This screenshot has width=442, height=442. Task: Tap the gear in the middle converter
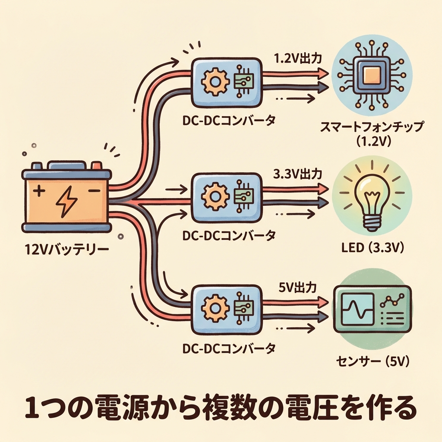[x=214, y=196]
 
